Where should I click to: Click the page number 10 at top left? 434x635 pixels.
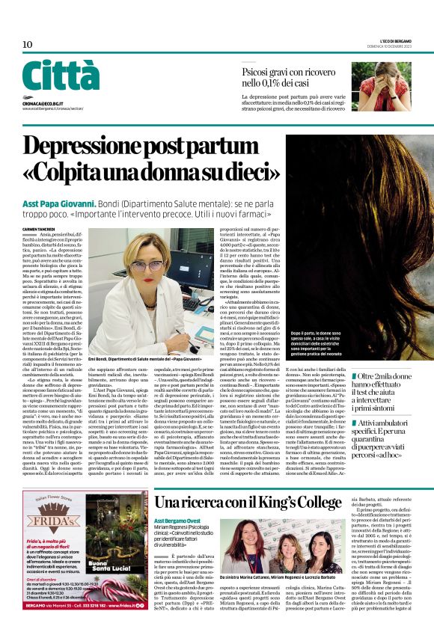[28, 45]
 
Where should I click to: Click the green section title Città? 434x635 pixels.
[61, 76]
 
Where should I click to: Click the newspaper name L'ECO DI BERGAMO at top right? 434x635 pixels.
[389, 40]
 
